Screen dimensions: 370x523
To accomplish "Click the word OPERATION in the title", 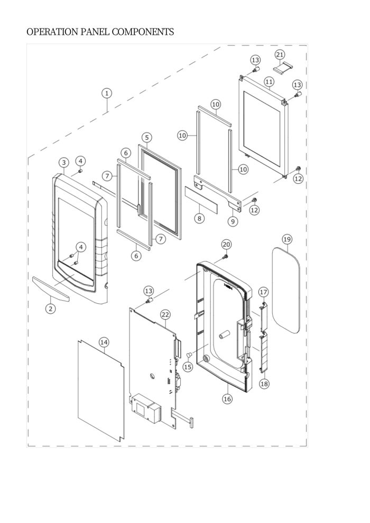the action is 52,32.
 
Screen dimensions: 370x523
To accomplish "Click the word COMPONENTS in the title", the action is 143,32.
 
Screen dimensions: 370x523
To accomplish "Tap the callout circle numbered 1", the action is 107,93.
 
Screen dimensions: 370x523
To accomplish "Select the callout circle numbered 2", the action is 50,309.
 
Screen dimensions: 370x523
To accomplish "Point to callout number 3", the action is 64,163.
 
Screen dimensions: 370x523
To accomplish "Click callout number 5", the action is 147,137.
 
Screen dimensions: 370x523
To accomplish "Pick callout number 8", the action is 199,219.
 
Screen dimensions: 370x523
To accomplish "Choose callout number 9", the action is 233,221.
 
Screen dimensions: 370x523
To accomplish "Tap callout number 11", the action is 269,82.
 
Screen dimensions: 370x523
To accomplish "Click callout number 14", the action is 104,342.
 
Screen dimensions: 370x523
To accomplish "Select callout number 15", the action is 188,367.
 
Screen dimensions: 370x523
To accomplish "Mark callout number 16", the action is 227,398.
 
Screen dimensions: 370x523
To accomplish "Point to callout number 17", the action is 264,292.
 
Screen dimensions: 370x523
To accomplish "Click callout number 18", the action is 264,384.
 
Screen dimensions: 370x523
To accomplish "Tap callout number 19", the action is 287,239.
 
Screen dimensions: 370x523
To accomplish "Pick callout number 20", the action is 226,245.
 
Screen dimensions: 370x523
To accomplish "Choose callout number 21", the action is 280,54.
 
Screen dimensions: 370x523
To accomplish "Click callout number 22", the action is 165,314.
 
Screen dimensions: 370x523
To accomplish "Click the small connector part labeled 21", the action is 283,67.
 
